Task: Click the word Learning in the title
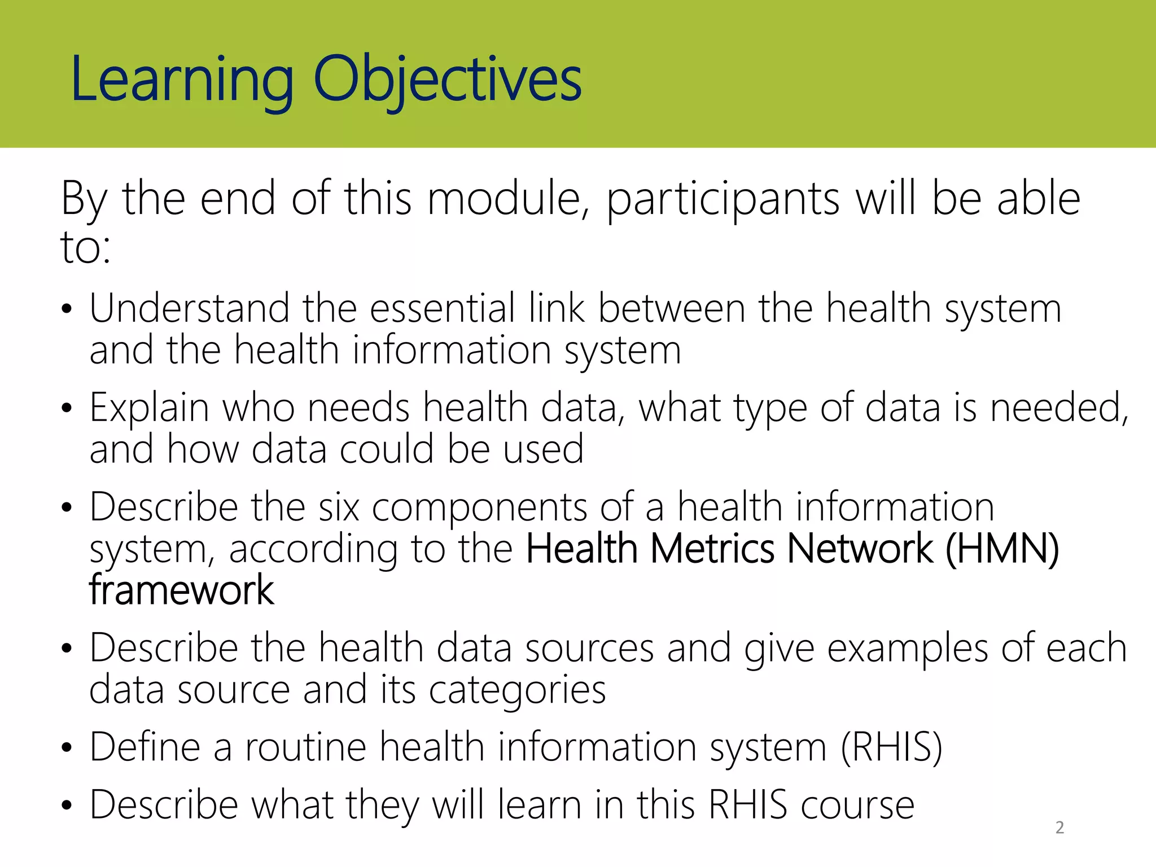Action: tap(182, 80)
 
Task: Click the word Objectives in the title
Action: tap(447, 80)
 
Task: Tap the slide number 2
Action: tap(1059, 827)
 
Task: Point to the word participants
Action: tap(723, 200)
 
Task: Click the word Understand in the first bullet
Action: tap(189, 309)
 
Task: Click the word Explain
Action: tap(149, 408)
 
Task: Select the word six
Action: tap(338, 507)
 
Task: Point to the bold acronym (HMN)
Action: tap(1002, 549)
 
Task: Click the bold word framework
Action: tap(181, 590)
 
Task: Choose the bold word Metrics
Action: tap(712, 549)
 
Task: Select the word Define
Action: tap(144, 747)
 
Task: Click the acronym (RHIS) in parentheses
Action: tap(891, 747)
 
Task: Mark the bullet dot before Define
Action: tap(67, 748)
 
